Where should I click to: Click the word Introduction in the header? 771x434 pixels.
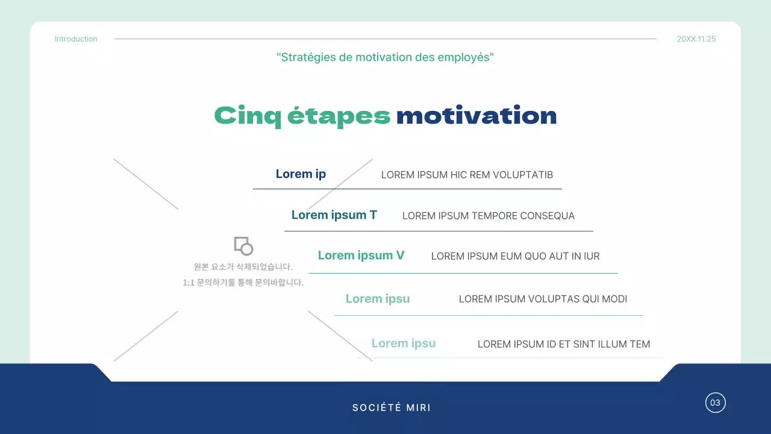coord(76,39)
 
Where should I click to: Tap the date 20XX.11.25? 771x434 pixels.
coord(696,39)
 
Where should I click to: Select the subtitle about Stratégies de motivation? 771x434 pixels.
coord(385,58)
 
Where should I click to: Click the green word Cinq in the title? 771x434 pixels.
coord(248,116)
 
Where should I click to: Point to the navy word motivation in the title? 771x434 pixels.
coord(476,116)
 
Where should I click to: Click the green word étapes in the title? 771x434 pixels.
coord(339,116)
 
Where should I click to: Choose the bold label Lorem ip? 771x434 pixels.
coord(301,174)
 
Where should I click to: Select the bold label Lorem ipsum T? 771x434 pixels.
coord(334,215)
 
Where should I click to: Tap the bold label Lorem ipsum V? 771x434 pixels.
coord(361,256)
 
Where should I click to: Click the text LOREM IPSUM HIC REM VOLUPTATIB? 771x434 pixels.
coord(467,175)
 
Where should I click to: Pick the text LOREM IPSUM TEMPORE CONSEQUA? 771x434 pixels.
coord(489,216)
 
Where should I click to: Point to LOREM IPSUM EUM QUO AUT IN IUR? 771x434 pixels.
coord(515,256)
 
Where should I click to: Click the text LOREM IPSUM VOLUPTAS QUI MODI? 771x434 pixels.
coord(543,299)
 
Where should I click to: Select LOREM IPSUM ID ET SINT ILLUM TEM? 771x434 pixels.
coord(564,345)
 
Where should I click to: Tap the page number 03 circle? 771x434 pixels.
coord(716,403)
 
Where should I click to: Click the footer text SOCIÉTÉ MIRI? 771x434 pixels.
coord(392,407)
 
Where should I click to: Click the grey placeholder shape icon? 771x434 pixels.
coord(243,246)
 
